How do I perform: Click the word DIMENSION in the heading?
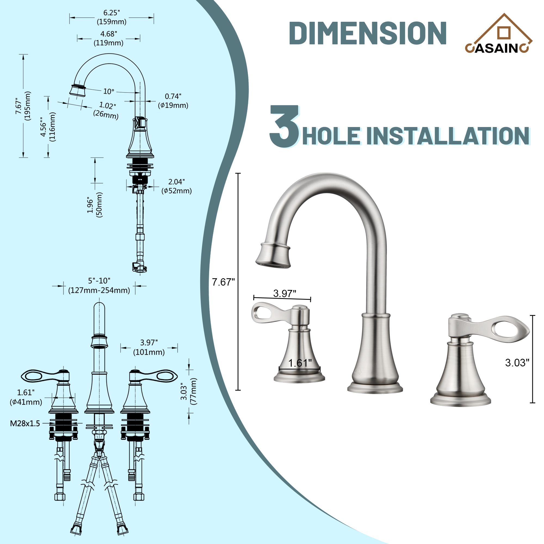[x=367, y=33]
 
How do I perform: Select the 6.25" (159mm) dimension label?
[x=112, y=17]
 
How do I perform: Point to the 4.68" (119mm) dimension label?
[x=109, y=38]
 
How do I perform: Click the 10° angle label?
[x=109, y=91]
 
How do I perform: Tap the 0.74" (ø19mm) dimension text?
[x=173, y=101]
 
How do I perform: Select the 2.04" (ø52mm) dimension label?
[x=177, y=186]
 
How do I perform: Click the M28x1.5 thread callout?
[x=25, y=424]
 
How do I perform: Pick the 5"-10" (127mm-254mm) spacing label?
[x=99, y=286]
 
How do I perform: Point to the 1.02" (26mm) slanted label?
[x=106, y=110]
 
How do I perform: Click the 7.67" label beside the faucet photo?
[x=223, y=282]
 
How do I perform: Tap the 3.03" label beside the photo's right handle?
[x=517, y=363]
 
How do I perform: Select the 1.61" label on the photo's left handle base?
[x=300, y=363]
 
